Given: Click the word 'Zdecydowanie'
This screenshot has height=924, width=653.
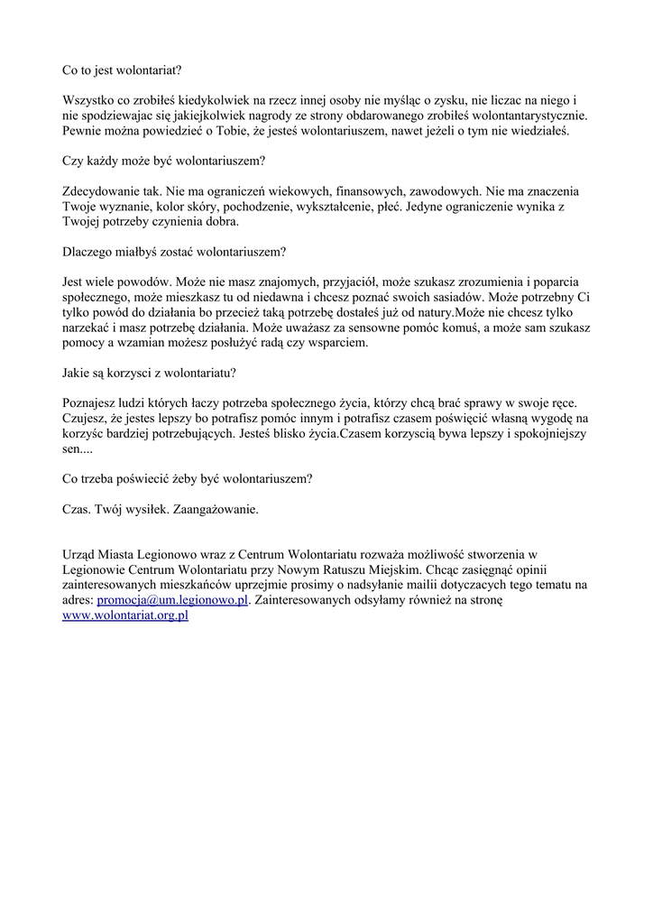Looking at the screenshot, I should coord(101,192).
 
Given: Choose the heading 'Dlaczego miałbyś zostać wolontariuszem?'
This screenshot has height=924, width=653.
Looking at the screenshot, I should coord(174,253).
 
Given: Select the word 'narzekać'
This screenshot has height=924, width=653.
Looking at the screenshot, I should coord(87,328).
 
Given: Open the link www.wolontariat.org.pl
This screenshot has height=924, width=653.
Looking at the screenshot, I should coord(124,617).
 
